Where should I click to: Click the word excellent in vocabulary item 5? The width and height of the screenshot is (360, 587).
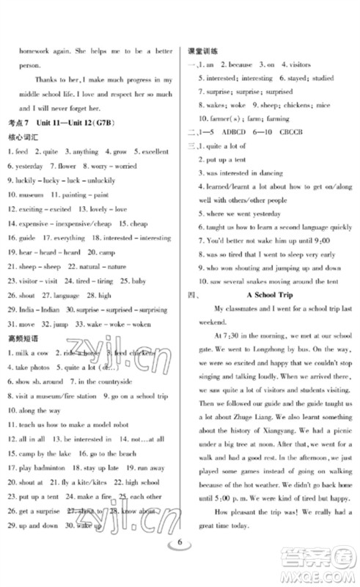pos(153,151)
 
